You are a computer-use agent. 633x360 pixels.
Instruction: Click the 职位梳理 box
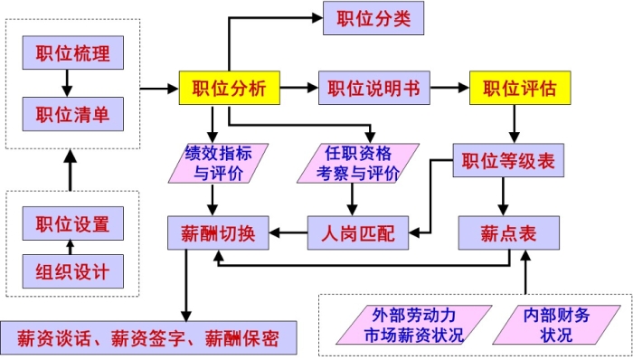point(72,52)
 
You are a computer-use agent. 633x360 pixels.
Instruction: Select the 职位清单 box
point(72,114)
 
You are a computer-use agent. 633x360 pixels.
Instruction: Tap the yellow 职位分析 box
point(229,89)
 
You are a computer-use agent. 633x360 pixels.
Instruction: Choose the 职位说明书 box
point(373,89)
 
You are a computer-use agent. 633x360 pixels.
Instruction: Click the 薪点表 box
point(510,233)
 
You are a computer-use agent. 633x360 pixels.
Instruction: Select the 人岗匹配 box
point(358,233)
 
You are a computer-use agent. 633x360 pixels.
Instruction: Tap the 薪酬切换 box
point(213,233)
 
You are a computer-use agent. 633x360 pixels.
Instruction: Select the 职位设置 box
point(72,223)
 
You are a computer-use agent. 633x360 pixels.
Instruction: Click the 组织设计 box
point(72,271)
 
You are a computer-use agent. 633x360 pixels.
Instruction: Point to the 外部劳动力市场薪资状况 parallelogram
point(414,325)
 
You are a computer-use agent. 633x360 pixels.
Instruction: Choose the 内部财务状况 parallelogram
point(557,325)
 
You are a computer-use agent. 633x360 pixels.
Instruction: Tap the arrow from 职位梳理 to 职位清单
point(66,83)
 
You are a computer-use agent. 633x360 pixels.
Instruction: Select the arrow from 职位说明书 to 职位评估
point(449,89)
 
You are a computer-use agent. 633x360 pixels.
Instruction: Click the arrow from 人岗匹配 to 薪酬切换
point(288,233)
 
